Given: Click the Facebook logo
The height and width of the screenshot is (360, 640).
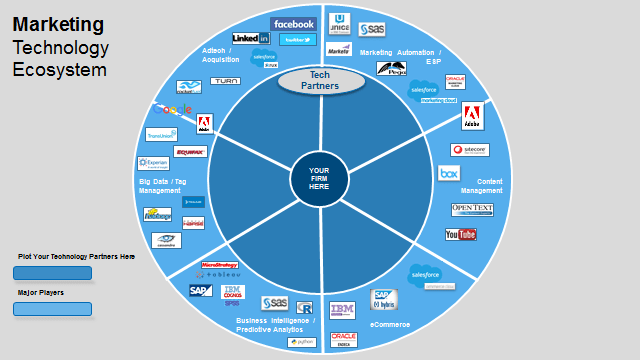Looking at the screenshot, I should coord(292,24).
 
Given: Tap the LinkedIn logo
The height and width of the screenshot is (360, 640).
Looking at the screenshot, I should coord(250,38).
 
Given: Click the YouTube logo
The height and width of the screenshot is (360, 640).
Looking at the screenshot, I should coord(461,234).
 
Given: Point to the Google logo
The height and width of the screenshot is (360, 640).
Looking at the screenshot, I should coord(174,109).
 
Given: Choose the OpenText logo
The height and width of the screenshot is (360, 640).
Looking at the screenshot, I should coord(472,210).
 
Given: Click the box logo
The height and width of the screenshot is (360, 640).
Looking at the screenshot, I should coord(448,173).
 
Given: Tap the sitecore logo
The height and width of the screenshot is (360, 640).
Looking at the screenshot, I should coord(469,149).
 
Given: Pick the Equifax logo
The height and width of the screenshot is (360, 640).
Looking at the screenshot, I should coord(190,152).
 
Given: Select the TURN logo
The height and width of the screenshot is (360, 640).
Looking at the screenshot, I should coord(225,80).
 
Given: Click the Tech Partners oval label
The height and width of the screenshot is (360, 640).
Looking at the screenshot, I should coord(320,81).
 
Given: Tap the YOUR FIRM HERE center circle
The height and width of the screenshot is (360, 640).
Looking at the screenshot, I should coord(319,178).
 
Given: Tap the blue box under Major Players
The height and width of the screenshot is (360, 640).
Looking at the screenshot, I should coord(52,309).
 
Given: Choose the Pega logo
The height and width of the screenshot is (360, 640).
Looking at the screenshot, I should coord(391,69).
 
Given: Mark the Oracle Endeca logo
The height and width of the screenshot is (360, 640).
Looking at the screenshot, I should coord(344,339).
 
